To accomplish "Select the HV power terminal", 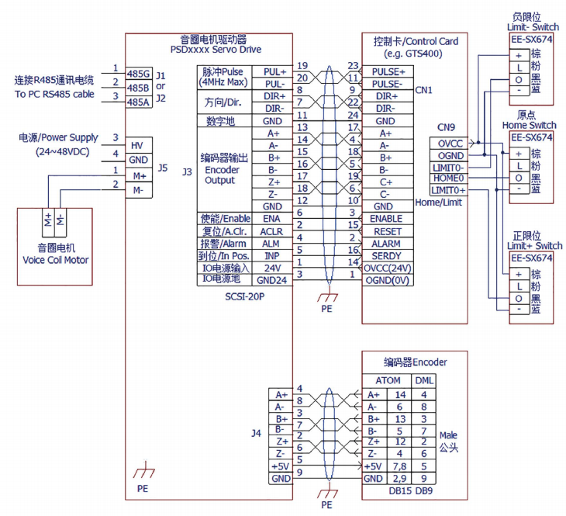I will (x=137, y=145).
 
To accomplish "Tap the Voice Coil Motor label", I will (x=54, y=260).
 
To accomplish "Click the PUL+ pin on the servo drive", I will (x=274, y=71).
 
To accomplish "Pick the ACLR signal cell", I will (x=272, y=231).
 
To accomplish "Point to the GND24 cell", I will (x=272, y=279).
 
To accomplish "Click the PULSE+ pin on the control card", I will (x=388, y=71).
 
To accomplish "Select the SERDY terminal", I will (x=387, y=255).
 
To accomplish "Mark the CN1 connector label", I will (x=424, y=90).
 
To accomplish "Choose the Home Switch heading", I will (x=530, y=125).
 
